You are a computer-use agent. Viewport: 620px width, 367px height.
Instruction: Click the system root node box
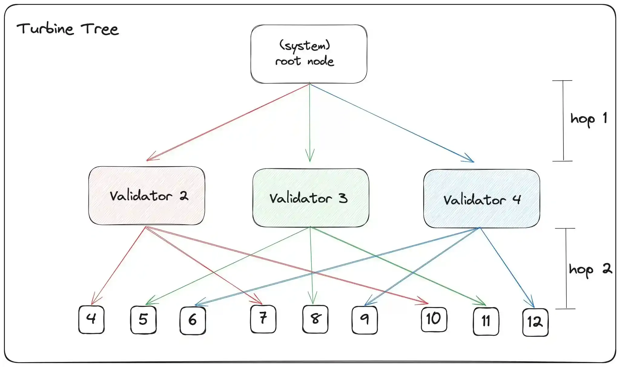(x=309, y=54)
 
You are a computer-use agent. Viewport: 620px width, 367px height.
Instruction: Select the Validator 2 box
(x=147, y=196)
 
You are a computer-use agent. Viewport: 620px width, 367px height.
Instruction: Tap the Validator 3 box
(x=311, y=198)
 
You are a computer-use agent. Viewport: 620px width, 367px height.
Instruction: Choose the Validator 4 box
(x=481, y=199)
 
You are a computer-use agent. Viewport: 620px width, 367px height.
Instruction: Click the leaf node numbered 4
(x=91, y=319)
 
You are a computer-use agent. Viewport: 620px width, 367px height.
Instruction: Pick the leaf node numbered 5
(x=143, y=320)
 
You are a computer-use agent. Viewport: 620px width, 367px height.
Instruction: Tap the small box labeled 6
(x=193, y=321)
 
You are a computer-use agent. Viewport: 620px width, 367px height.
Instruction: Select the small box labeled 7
(x=263, y=319)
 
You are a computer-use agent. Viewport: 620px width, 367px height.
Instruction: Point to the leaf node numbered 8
(x=315, y=319)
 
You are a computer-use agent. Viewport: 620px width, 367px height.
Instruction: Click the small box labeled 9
(x=364, y=320)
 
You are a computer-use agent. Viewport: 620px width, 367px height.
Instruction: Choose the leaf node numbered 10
(x=434, y=319)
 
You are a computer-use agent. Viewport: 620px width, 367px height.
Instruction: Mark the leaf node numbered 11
(x=486, y=321)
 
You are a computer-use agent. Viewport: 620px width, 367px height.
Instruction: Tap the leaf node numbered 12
(x=535, y=322)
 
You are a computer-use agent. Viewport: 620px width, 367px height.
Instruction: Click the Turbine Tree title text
(x=68, y=29)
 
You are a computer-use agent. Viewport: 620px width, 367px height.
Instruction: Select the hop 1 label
(x=588, y=119)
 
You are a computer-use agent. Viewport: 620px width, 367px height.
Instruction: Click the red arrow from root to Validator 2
(x=227, y=122)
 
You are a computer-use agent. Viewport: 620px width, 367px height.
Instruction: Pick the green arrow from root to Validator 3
(x=310, y=121)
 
